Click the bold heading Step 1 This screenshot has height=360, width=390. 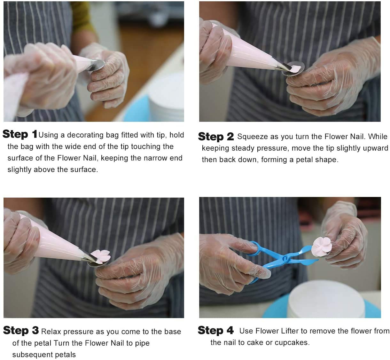20,134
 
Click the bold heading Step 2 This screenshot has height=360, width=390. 216,137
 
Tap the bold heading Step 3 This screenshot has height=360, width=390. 21,330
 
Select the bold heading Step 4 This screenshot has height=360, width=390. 215,330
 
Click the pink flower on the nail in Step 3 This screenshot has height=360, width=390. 100,256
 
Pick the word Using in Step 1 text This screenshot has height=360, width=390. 48,135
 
